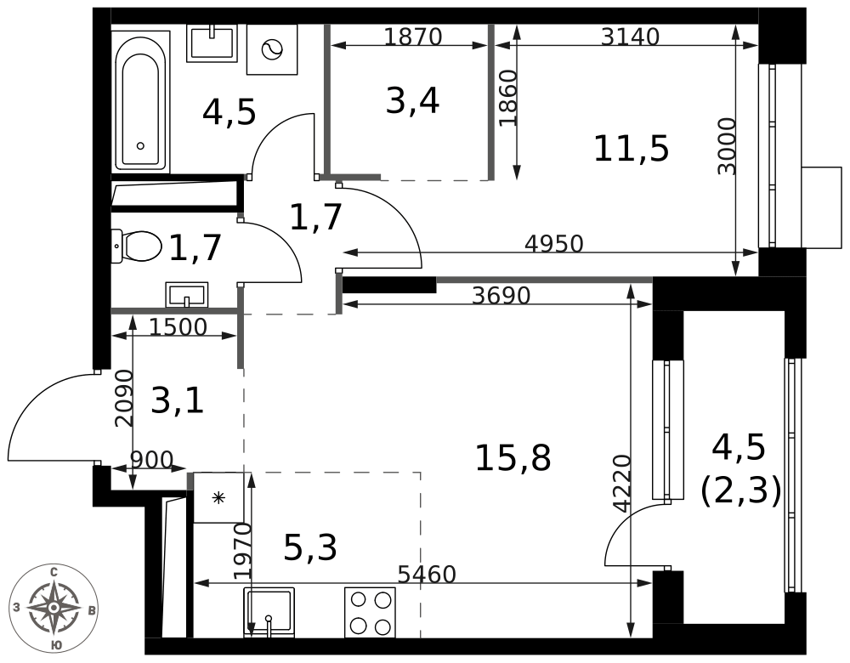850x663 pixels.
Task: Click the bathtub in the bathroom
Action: [140, 101]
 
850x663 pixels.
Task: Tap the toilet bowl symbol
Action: [137, 246]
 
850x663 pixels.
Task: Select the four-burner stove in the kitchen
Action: [371, 613]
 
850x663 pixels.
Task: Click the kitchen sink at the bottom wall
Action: [269, 613]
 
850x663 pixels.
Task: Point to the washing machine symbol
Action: [272, 49]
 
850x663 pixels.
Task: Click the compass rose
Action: [54, 607]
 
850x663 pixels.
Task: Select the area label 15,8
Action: [513, 457]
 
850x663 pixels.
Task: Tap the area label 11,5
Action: [632, 149]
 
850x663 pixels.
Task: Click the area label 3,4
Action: [412, 101]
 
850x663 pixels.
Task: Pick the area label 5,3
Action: [310, 547]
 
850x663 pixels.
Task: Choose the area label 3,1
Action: [178, 401]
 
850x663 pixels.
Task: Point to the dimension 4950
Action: [554, 244]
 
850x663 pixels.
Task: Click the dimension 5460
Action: [428, 574]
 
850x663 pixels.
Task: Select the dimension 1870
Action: [413, 37]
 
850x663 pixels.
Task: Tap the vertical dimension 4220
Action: [622, 484]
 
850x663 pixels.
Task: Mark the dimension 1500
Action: [178, 327]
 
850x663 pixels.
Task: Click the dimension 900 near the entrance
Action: [152, 460]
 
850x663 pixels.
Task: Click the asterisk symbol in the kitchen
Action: [218, 497]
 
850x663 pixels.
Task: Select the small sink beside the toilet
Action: [187, 295]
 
